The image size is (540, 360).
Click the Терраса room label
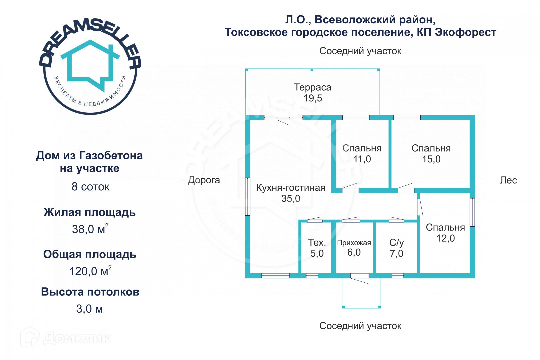(x=312, y=87)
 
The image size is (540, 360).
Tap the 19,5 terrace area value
(x=313, y=98)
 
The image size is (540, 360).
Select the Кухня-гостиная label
(x=291, y=188)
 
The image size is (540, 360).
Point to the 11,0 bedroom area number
(x=362, y=159)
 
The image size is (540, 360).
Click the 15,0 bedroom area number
(x=431, y=159)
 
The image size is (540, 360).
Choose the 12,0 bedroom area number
(x=445, y=238)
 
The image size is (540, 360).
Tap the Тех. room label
(x=317, y=242)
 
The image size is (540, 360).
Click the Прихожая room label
(x=354, y=243)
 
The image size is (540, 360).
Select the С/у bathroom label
(x=396, y=242)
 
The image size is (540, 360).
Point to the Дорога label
(x=204, y=180)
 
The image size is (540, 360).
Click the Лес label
(x=508, y=180)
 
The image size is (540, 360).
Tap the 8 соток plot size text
(x=90, y=187)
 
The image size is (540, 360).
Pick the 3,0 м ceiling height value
(x=89, y=309)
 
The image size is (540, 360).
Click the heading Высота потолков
(x=90, y=292)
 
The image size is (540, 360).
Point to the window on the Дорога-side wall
(x=248, y=197)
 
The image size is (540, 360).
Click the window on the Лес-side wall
(x=472, y=212)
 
